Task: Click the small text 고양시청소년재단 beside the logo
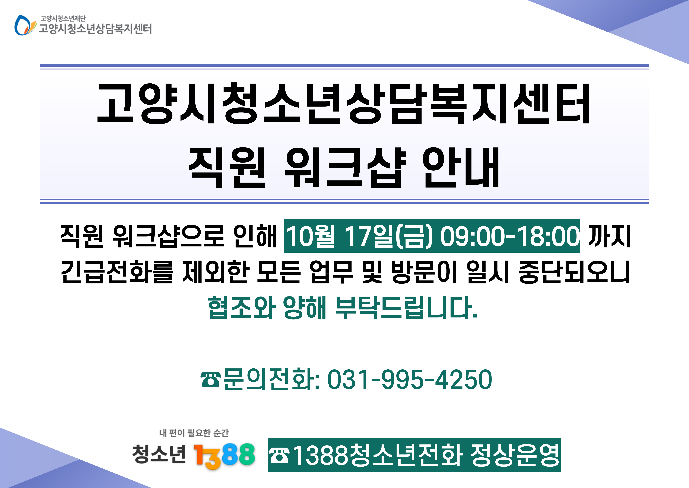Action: tap(63, 18)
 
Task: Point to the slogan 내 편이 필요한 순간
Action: tap(194, 433)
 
